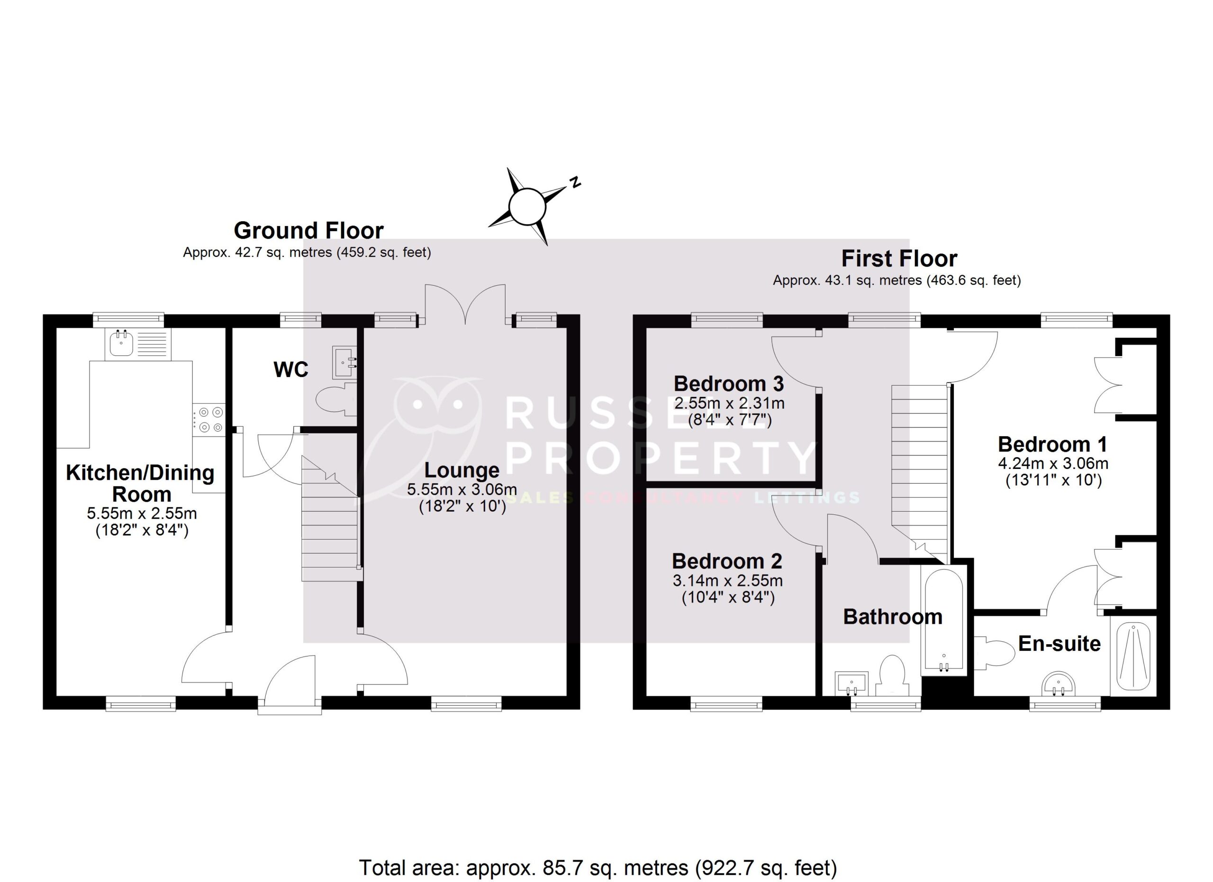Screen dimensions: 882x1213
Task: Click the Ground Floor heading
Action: coord(308,231)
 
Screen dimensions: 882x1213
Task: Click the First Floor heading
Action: coord(899,259)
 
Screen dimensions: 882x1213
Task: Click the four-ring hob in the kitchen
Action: coord(209,420)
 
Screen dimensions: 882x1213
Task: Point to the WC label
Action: coord(291,369)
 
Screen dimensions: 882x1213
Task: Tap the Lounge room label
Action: coord(462,470)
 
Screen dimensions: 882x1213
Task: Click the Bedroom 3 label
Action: coord(728,384)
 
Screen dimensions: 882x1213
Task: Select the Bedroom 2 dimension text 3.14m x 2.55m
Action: coord(727,581)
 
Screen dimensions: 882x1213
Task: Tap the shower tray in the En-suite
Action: coord(1133,657)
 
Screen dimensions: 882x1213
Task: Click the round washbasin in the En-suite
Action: coord(1059,686)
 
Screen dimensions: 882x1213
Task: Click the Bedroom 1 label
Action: coord(1052,445)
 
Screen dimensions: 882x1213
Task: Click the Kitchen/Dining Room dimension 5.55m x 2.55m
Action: coord(142,513)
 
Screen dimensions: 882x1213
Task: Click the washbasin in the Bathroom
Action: coord(851,684)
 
